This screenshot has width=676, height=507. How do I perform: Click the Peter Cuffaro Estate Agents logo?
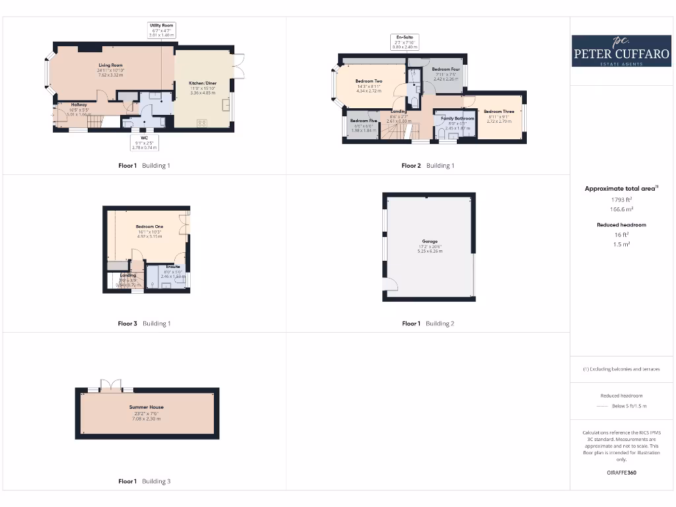tap(621, 51)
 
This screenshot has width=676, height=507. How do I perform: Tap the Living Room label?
tap(111, 65)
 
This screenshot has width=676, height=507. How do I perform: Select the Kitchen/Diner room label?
tap(203, 83)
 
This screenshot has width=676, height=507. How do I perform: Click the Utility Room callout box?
tap(162, 29)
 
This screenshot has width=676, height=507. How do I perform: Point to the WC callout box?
tap(143, 143)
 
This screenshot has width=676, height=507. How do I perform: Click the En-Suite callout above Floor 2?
tap(405, 42)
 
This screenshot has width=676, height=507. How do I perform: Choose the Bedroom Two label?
tap(369, 81)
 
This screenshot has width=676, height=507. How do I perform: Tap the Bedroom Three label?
tap(498, 112)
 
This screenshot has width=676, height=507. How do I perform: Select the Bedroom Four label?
tap(446, 69)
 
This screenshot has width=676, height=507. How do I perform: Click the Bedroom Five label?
tap(363, 121)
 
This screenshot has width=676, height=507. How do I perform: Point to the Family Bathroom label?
tap(457, 119)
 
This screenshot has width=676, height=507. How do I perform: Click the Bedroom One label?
tap(149, 227)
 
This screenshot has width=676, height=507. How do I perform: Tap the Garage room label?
tap(430, 242)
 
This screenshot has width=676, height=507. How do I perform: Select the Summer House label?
tap(147, 407)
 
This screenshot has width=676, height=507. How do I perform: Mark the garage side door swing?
tap(390, 285)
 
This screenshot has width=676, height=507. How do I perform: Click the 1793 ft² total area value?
tap(621, 199)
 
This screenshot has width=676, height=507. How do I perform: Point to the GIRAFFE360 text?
tap(621, 473)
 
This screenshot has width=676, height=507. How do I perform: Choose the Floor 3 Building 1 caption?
tap(144, 323)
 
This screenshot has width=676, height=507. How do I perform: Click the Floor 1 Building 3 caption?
tap(144, 481)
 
